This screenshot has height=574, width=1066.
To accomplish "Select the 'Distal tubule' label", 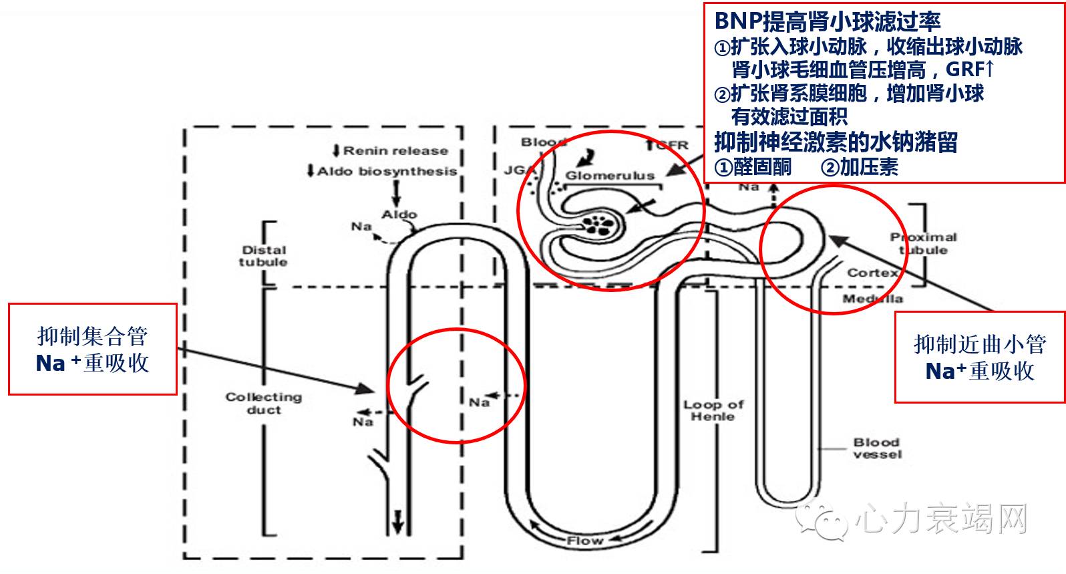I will [264, 256].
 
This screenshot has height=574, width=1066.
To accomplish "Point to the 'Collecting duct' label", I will [264, 403].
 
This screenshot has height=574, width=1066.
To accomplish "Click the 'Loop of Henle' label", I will [713, 410].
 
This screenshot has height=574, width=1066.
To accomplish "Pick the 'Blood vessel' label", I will [876, 448].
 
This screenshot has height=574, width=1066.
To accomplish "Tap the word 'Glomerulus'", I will [610, 176].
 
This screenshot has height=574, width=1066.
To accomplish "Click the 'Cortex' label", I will [872, 273].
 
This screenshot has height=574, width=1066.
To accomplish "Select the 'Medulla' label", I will [872, 299].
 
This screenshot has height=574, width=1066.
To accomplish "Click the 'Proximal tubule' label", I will [923, 243].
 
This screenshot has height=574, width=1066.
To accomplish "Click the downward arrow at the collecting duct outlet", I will [398, 521].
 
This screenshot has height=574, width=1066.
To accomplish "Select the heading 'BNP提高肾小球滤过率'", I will [827, 21].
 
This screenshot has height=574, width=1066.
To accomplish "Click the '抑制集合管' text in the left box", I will [92, 335].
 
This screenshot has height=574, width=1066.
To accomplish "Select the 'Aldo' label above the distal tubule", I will [399, 214].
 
